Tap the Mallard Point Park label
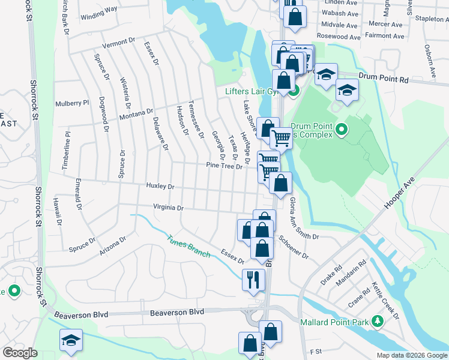coord(336,321)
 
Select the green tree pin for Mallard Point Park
coord(378,321)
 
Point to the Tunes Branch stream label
coord(188,245)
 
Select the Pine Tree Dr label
coord(224,166)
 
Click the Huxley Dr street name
coord(160,187)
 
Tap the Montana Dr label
coord(136,114)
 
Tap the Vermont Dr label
coord(119,43)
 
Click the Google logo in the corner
coord(20,353)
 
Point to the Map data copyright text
coord(412,355)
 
